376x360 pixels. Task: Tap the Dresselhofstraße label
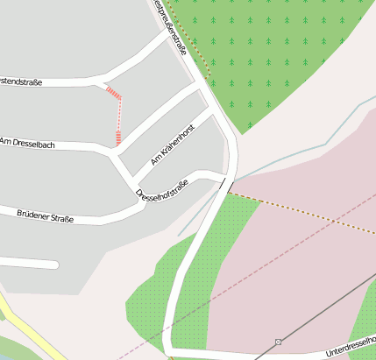[x=162, y=189]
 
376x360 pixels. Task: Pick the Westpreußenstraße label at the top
[x=170, y=26]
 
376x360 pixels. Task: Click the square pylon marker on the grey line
[x=279, y=341]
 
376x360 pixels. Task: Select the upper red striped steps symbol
[x=113, y=91]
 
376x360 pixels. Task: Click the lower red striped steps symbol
[x=117, y=137]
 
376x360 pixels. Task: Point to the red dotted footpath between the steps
[x=119, y=114]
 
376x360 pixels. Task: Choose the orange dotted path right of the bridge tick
[x=298, y=211]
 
